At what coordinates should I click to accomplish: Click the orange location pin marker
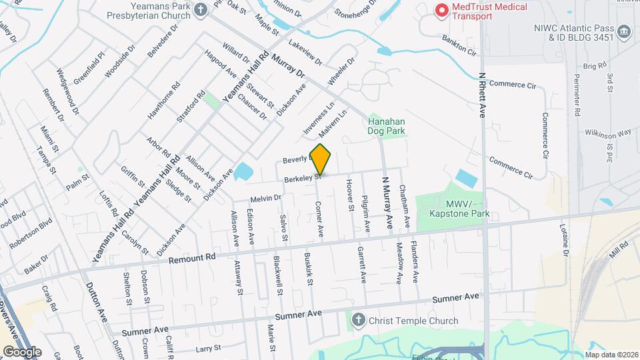(321, 159)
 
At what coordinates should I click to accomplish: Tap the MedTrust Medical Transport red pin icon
(441, 11)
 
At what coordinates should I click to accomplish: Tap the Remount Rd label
(193, 257)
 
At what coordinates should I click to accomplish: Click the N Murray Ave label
(386, 203)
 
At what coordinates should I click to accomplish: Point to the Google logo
(22, 351)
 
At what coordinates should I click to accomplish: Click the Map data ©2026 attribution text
(611, 355)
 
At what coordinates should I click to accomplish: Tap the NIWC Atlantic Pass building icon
(624, 31)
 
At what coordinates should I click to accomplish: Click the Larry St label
(208, 349)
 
